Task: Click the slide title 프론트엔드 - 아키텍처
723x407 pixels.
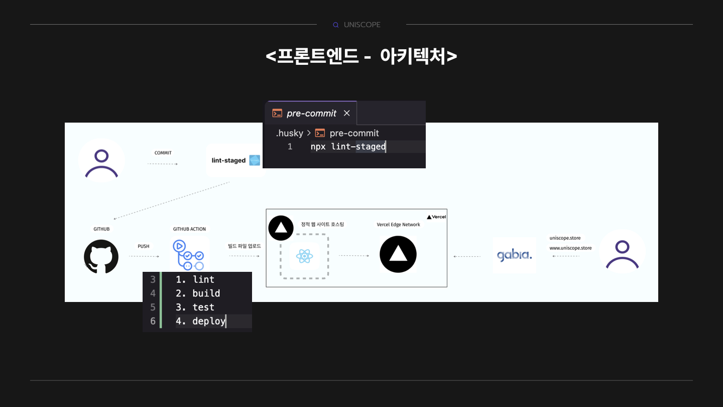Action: point(361,56)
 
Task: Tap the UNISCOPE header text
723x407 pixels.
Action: point(362,25)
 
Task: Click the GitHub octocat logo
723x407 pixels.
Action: point(101,256)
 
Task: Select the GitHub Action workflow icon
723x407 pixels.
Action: point(188,255)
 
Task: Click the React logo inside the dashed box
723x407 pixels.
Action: point(304,256)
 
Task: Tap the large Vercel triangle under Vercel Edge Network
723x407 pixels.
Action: point(398,254)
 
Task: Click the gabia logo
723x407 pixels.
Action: point(514,255)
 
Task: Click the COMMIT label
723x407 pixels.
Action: point(163,153)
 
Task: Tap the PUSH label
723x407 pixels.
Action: point(144,246)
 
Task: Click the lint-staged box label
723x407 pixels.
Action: point(228,160)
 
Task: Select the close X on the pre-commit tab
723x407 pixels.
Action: point(346,113)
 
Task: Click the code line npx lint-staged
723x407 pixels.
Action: point(348,147)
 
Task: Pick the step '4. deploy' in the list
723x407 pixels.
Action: point(200,321)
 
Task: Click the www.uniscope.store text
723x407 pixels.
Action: point(570,248)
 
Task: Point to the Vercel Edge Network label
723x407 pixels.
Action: point(398,225)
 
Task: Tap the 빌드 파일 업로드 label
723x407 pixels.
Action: point(245,246)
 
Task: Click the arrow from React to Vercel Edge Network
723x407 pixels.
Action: point(354,256)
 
